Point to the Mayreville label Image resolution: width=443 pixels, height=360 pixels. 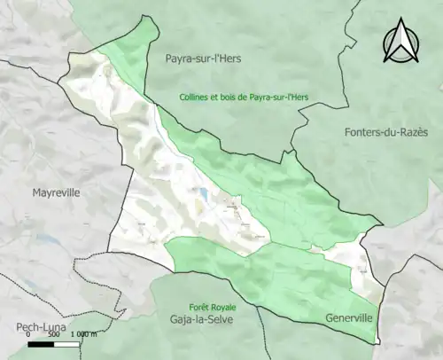coord(57,192)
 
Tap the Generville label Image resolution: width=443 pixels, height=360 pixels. coord(349,317)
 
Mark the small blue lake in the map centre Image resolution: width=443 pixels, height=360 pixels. coord(204,192)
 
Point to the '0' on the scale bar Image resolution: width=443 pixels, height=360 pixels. coord(29,336)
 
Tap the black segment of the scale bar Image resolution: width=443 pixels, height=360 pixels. coord(41,345)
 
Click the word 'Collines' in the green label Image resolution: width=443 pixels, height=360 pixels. coord(196,97)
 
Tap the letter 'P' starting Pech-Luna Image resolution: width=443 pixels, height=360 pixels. coord(7,328)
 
